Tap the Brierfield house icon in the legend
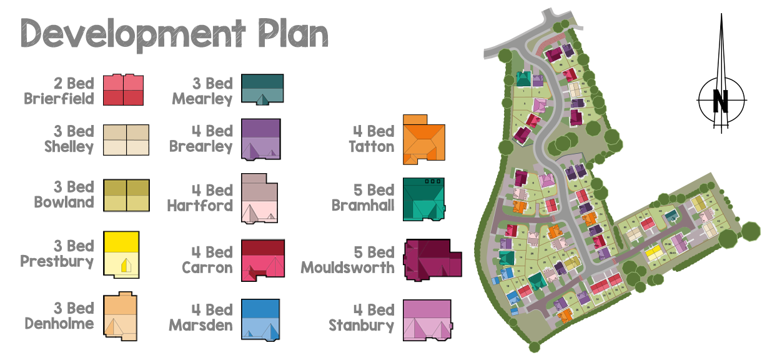pos(123,89)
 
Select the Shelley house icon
pos(126,139)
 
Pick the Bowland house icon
pos(126,196)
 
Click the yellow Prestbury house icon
pos(121,254)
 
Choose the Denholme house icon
pos(120,317)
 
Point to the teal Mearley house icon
pos(262,89)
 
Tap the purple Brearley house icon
pos(260,138)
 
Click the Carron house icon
pos(263,259)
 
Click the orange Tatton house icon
pos(424,141)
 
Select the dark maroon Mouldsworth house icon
pos(432,259)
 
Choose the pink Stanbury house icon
pos(427,320)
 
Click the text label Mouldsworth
pos(347,267)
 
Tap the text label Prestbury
pos(57,261)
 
